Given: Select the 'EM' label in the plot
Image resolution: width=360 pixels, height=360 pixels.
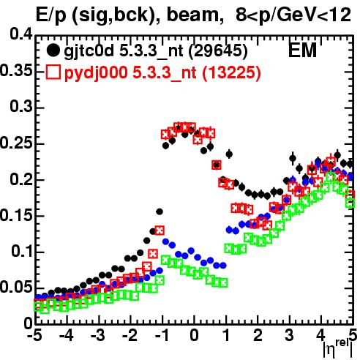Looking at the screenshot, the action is click(x=302, y=50).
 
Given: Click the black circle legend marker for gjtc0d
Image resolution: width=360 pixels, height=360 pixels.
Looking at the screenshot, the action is click(x=53, y=50).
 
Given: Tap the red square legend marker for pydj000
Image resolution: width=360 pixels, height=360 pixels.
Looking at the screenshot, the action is click(x=53, y=72).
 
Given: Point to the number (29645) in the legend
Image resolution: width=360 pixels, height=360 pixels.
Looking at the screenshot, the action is click(x=218, y=50).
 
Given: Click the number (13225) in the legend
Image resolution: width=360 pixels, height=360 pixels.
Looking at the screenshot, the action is click(x=231, y=72).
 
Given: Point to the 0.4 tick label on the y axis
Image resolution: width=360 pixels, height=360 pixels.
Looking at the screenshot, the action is click(x=21, y=34).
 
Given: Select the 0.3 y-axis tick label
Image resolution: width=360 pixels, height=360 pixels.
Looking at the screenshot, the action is click(x=21, y=107).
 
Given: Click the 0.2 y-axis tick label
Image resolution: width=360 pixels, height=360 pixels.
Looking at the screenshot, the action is click(x=21, y=179).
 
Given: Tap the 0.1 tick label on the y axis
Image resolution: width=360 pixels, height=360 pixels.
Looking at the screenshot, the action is click(x=21, y=252).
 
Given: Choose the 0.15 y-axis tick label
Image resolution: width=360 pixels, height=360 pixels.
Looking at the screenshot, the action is click(x=16, y=215).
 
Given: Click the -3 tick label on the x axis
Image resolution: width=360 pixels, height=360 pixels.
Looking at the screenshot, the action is click(x=98, y=336).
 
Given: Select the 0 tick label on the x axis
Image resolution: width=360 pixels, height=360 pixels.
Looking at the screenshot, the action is click(x=194, y=336).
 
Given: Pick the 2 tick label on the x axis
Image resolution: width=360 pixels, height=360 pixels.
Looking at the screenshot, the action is click(x=258, y=336).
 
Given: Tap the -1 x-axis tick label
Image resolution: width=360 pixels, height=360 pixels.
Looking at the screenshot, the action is click(x=162, y=336).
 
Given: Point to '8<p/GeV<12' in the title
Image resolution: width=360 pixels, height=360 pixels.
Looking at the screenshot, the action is click(x=293, y=15).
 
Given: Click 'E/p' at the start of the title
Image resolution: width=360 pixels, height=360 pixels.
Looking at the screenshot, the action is click(x=50, y=15).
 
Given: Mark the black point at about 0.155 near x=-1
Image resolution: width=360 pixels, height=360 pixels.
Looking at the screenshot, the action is click(x=160, y=211).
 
